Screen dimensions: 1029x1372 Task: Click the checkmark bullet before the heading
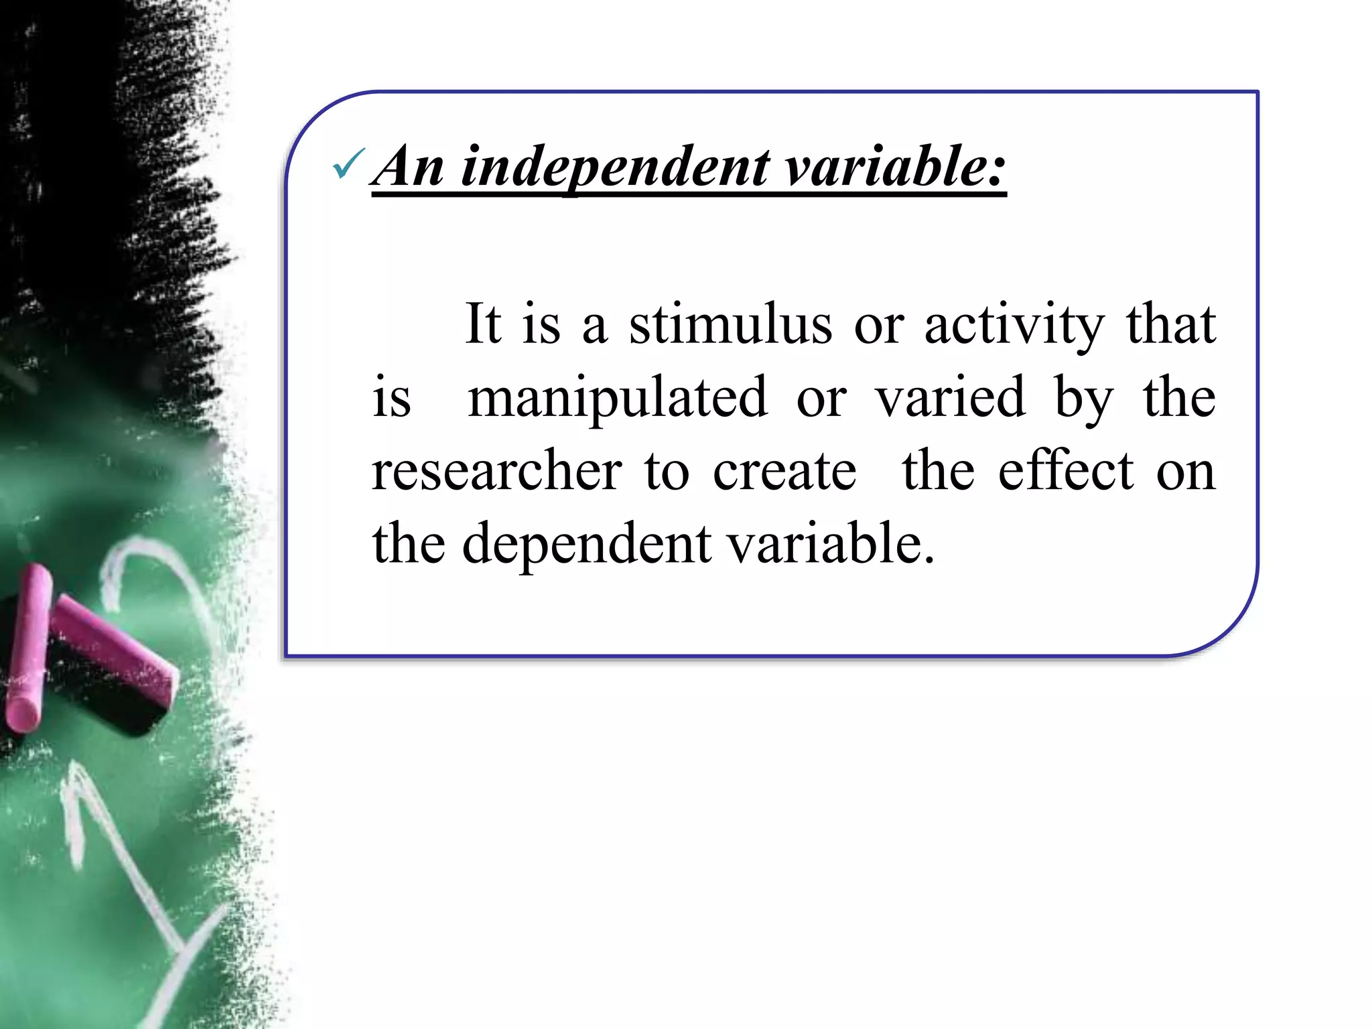[x=348, y=165]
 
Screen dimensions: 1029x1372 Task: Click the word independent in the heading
[x=616, y=167]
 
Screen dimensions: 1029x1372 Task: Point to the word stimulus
[x=730, y=325]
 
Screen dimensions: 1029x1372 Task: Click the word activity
[x=1014, y=326]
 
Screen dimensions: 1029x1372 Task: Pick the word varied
[x=951, y=398]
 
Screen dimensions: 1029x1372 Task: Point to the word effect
[x=1066, y=471]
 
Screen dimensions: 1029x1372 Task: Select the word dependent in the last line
[x=587, y=544]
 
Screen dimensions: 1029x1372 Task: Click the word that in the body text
[x=1171, y=325]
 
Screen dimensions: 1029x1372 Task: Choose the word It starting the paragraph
[x=482, y=325]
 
